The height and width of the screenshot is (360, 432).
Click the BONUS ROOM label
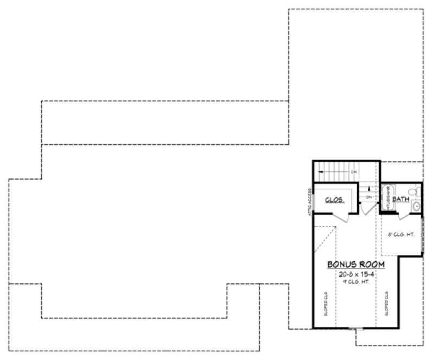356,264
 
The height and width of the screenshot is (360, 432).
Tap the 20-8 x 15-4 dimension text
356,274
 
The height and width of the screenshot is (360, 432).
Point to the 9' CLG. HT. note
356,282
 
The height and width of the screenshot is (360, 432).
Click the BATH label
401,200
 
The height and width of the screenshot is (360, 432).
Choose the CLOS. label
335,200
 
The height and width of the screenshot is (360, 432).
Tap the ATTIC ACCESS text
309,203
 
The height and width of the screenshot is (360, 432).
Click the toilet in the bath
414,191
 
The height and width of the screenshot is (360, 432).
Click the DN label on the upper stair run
353,172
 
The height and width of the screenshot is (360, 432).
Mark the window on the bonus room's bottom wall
357,328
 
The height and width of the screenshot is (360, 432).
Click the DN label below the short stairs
369,197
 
